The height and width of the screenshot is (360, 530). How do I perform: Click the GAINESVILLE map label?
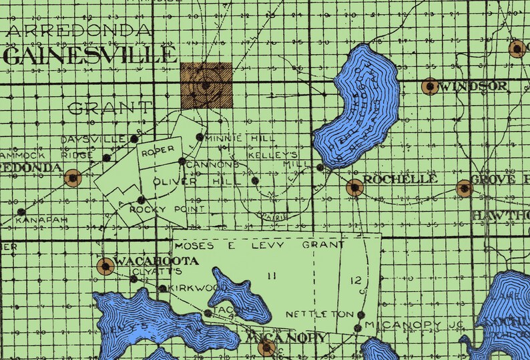click(90, 55)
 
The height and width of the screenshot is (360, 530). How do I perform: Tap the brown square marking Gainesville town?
click(206, 85)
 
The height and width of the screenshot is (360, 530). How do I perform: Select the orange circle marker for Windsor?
click(430, 86)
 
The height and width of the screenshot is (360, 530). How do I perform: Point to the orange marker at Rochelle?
click(354, 187)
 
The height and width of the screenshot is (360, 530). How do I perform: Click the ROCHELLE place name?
click(401, 179)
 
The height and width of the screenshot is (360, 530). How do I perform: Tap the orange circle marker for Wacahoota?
click(105, 266)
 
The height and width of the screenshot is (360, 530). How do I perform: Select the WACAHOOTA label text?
click(156, 260)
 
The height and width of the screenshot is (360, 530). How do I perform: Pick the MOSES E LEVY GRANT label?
click(269, 245)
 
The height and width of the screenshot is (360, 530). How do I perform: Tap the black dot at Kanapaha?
click(22, 212)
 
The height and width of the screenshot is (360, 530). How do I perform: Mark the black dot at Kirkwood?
click(163, 289)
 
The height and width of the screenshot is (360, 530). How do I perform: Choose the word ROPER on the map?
click(158, 150)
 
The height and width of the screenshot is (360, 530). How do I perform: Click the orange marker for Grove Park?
click(464, 188)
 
